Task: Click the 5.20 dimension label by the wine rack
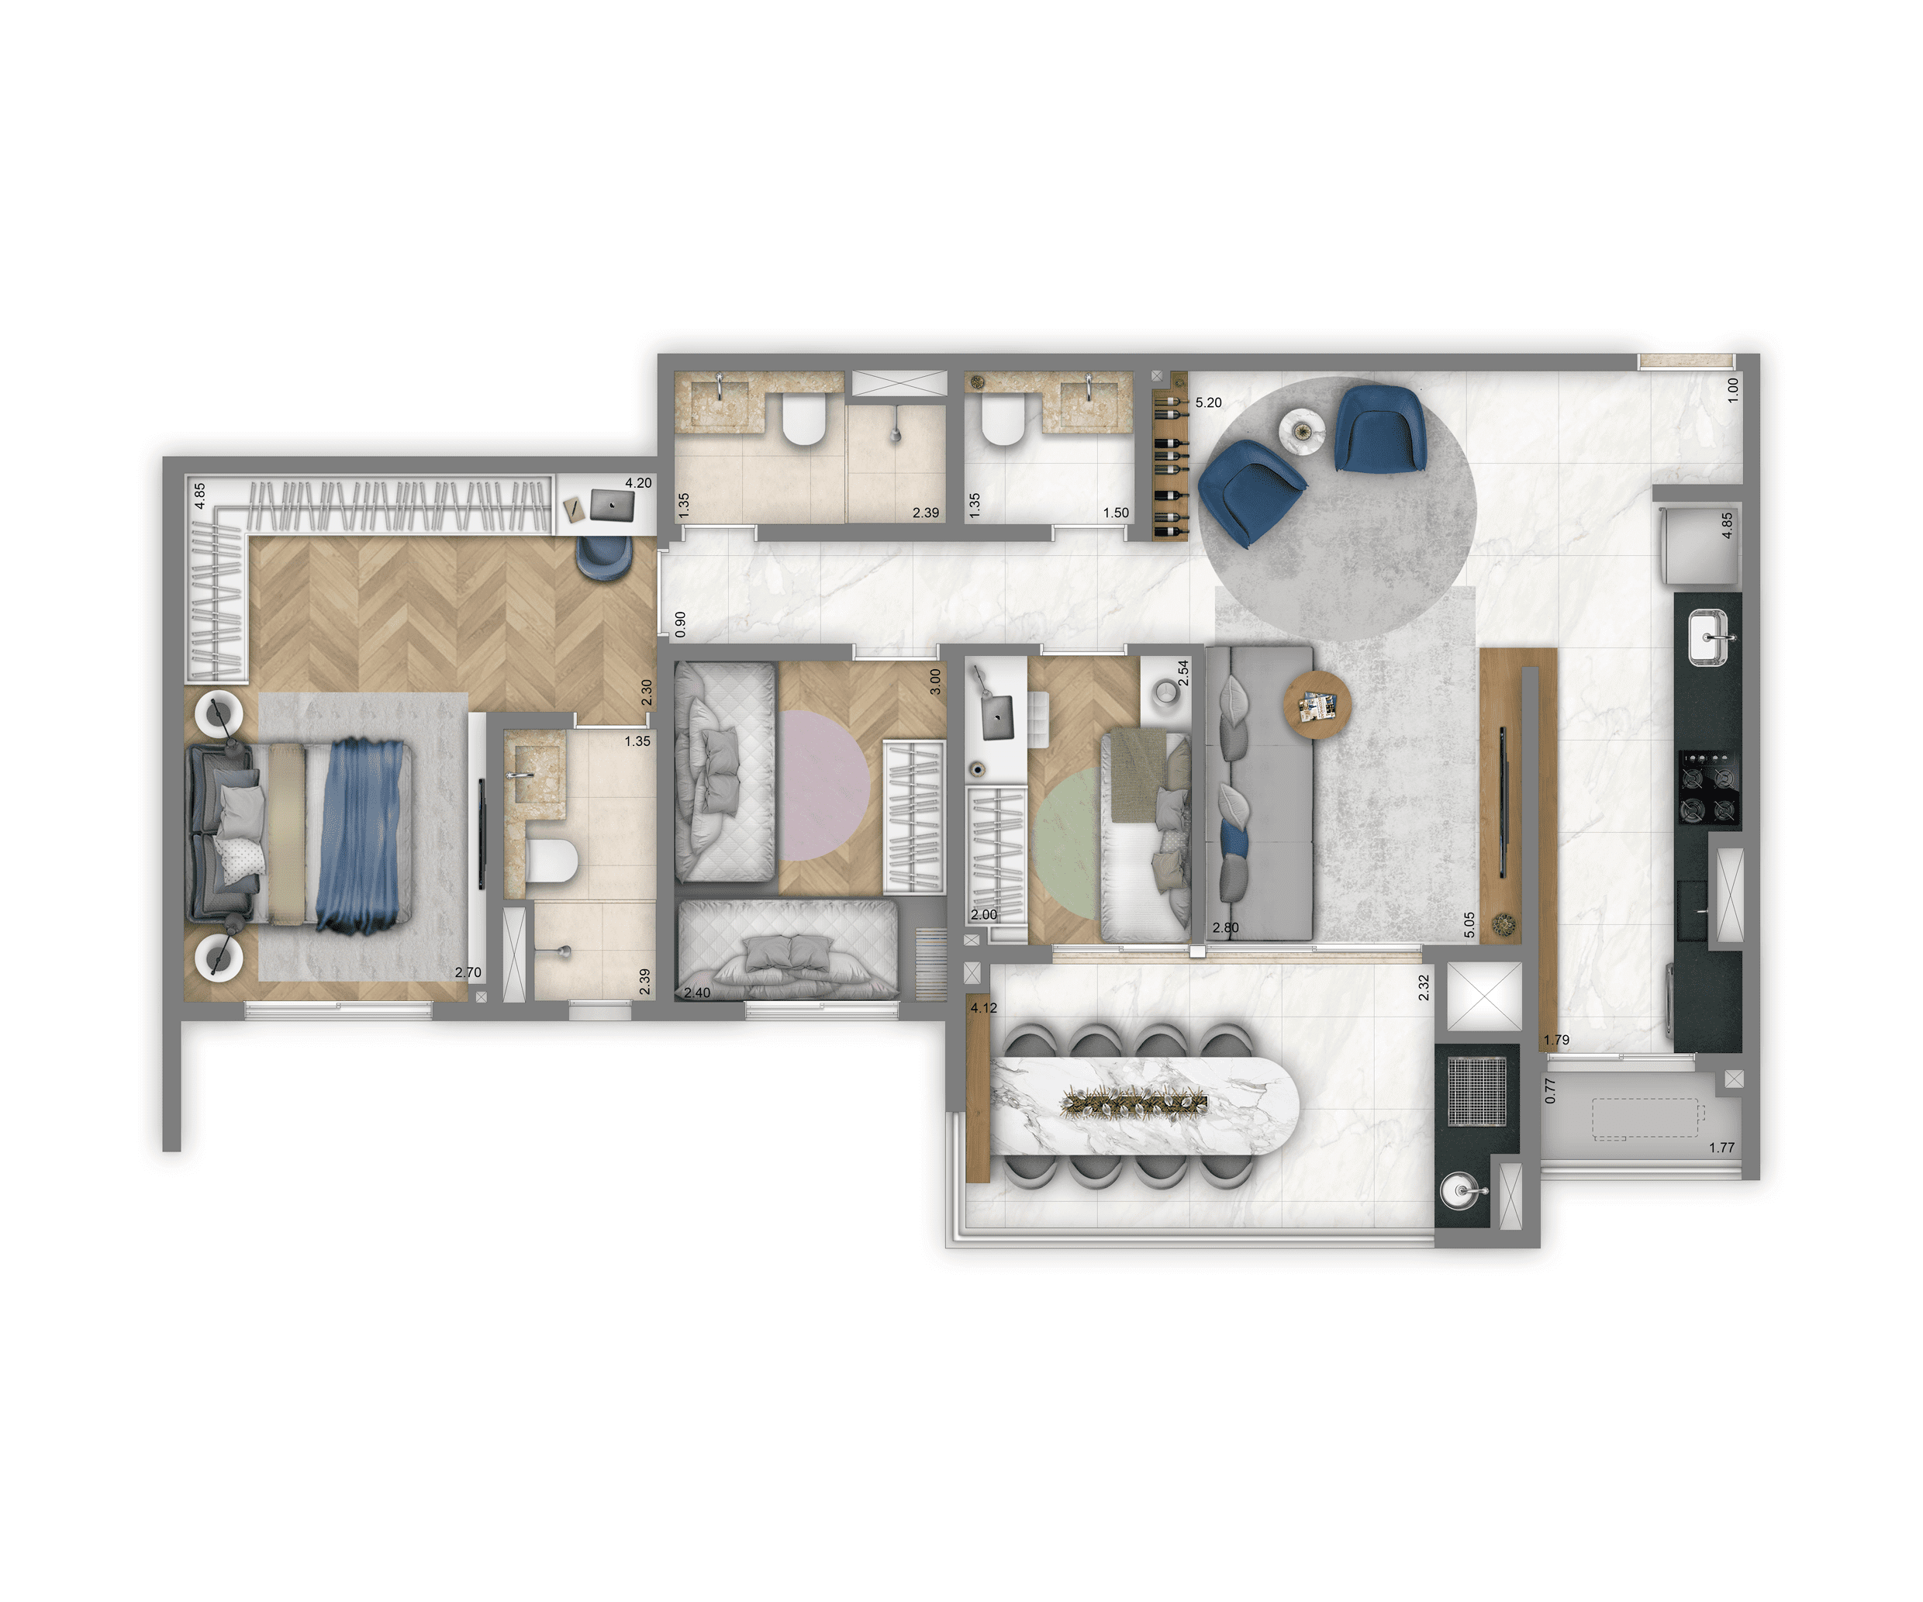click(1208, 403)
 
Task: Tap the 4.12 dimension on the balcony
click(983, 1007)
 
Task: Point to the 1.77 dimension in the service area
click(1721, 1147)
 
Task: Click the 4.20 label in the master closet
click(638, 483)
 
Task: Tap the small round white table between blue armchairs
click(1301, 431)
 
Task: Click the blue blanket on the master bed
click(363, 835)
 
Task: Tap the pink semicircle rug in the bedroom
click(822, 786)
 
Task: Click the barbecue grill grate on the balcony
click(1477, 1091)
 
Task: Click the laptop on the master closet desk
click(612, 505)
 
